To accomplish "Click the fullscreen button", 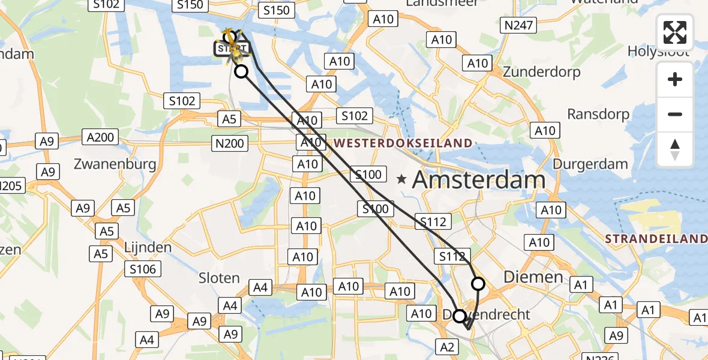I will click(675, 32).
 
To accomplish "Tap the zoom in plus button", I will click(675, 80).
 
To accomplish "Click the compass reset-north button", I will click(675, 149).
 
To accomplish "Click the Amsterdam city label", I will click(479, 179).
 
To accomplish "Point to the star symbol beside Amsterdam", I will click(402, 179).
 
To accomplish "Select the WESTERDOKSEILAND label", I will click(403, 143).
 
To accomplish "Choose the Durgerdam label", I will click(590, 164).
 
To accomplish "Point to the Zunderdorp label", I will click(541, 72).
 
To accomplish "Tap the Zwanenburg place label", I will click(115, 164).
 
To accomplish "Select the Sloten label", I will click(220, 278).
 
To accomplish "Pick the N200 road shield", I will click(229, 143).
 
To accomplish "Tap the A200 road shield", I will click(100, 137).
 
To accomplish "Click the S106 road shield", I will click(143, 269).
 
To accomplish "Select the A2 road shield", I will click(449, 346).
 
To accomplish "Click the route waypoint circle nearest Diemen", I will click(478, 283).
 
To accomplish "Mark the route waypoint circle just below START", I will click(241, 72).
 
